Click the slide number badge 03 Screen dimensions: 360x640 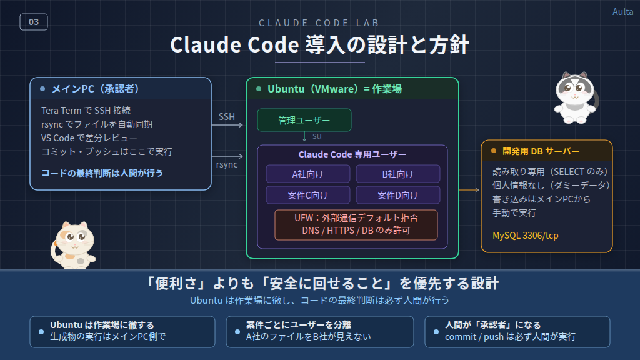click(34, 22)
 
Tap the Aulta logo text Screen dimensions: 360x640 click(622, 12)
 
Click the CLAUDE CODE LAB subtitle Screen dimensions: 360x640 click(319, 23)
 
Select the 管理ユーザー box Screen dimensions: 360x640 click(304, 120)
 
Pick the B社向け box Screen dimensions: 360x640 click(397, 174)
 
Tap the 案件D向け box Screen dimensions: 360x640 click(397, 195)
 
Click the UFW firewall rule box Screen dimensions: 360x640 click(356, 225)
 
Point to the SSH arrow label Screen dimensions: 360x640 click(226, 117)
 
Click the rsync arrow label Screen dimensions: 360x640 click(226, 164)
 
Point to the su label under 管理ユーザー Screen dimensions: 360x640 click(317, 136)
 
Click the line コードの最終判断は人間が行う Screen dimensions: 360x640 click(102, 172)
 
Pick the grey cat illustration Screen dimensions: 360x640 click(576, 96)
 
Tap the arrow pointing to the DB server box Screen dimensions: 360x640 click(469, 189)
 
